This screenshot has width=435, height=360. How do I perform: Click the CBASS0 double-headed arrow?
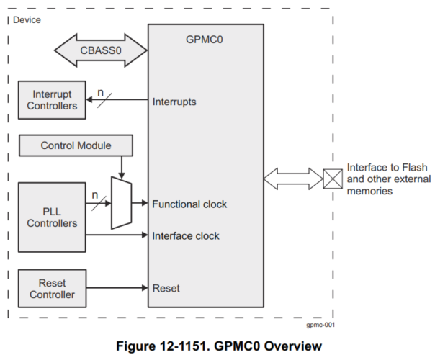pos(101,50)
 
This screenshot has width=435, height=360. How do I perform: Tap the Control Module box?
pos(76,145)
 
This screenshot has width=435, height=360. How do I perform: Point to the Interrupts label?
pos(174,102)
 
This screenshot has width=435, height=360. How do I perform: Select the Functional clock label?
pos(189,204)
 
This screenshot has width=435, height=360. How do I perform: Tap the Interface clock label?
pos(186,235)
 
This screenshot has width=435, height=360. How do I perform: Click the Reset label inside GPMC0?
pos(166,289)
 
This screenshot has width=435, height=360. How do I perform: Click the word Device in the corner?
pos(27,19)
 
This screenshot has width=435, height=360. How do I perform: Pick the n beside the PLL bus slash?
pos(94,194)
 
